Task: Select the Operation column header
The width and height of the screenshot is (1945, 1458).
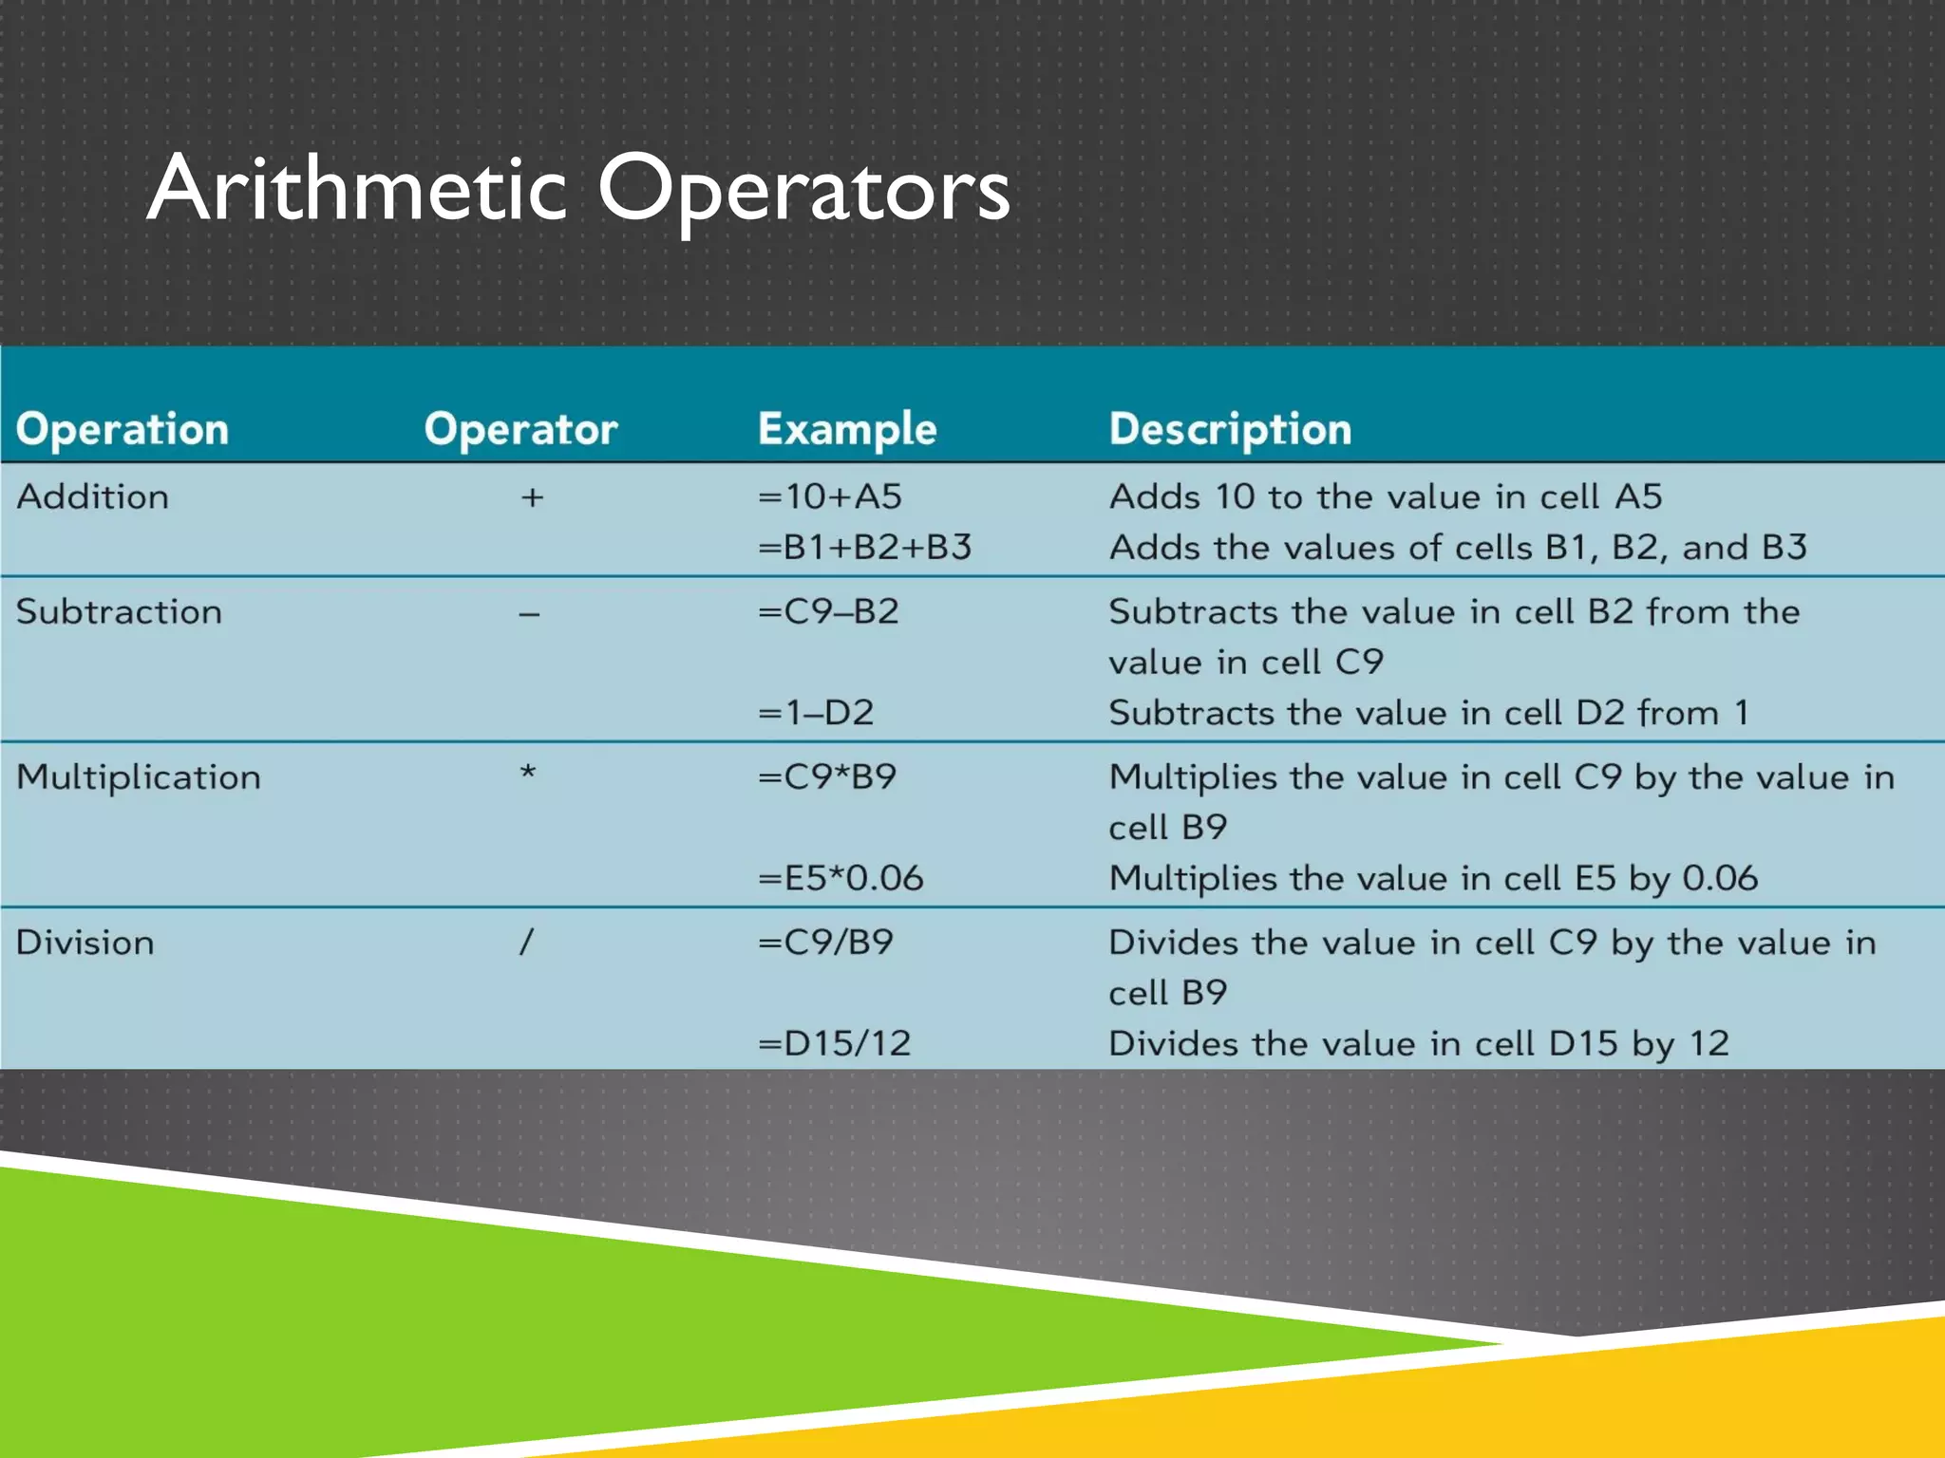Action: point(123,429)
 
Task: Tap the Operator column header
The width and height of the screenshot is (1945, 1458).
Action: point(520,429)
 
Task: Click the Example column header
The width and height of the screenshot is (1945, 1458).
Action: point(847,429)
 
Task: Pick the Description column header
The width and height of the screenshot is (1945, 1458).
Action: point(1230,429)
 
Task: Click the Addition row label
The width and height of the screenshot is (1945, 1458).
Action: point(93,496)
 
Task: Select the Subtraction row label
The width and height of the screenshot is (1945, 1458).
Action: point(120,611)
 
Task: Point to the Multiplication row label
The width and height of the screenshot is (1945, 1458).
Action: point(139,777)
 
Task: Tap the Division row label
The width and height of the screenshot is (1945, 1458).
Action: point(85,943)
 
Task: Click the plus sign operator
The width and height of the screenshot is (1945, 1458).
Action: point(532,497)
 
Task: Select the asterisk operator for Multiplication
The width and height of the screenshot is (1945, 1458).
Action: point(528,774)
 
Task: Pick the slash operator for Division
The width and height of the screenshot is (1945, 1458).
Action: point(526,943)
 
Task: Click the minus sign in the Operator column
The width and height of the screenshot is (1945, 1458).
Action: point(529,615)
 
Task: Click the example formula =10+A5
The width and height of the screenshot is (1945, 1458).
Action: point(830,496)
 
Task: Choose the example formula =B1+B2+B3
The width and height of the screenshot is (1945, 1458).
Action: point(864,547)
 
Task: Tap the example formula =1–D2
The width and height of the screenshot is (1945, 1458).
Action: point(816,712)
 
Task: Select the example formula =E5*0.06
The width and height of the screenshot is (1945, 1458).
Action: point(840,878)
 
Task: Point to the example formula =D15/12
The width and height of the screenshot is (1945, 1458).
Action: point(835,1043)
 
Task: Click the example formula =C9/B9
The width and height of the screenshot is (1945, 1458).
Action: point(826,943)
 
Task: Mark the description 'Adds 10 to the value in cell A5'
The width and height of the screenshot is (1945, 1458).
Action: point(1386,496)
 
